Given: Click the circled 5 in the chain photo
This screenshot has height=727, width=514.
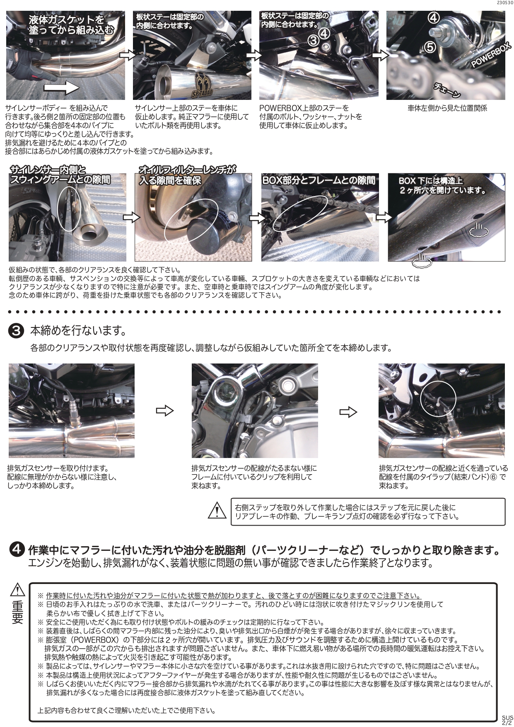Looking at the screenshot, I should [x=431, y=46].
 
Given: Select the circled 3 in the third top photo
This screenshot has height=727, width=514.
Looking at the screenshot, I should [x=314, y=40].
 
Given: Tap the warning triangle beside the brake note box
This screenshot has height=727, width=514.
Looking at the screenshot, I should [x=215, y=511].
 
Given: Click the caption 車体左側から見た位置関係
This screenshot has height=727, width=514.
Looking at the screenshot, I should [x=447, y=108].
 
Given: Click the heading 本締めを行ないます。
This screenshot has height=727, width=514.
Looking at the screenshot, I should [x=78, y=331].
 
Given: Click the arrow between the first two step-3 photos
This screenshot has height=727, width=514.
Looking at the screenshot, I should [x=164, y=411].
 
